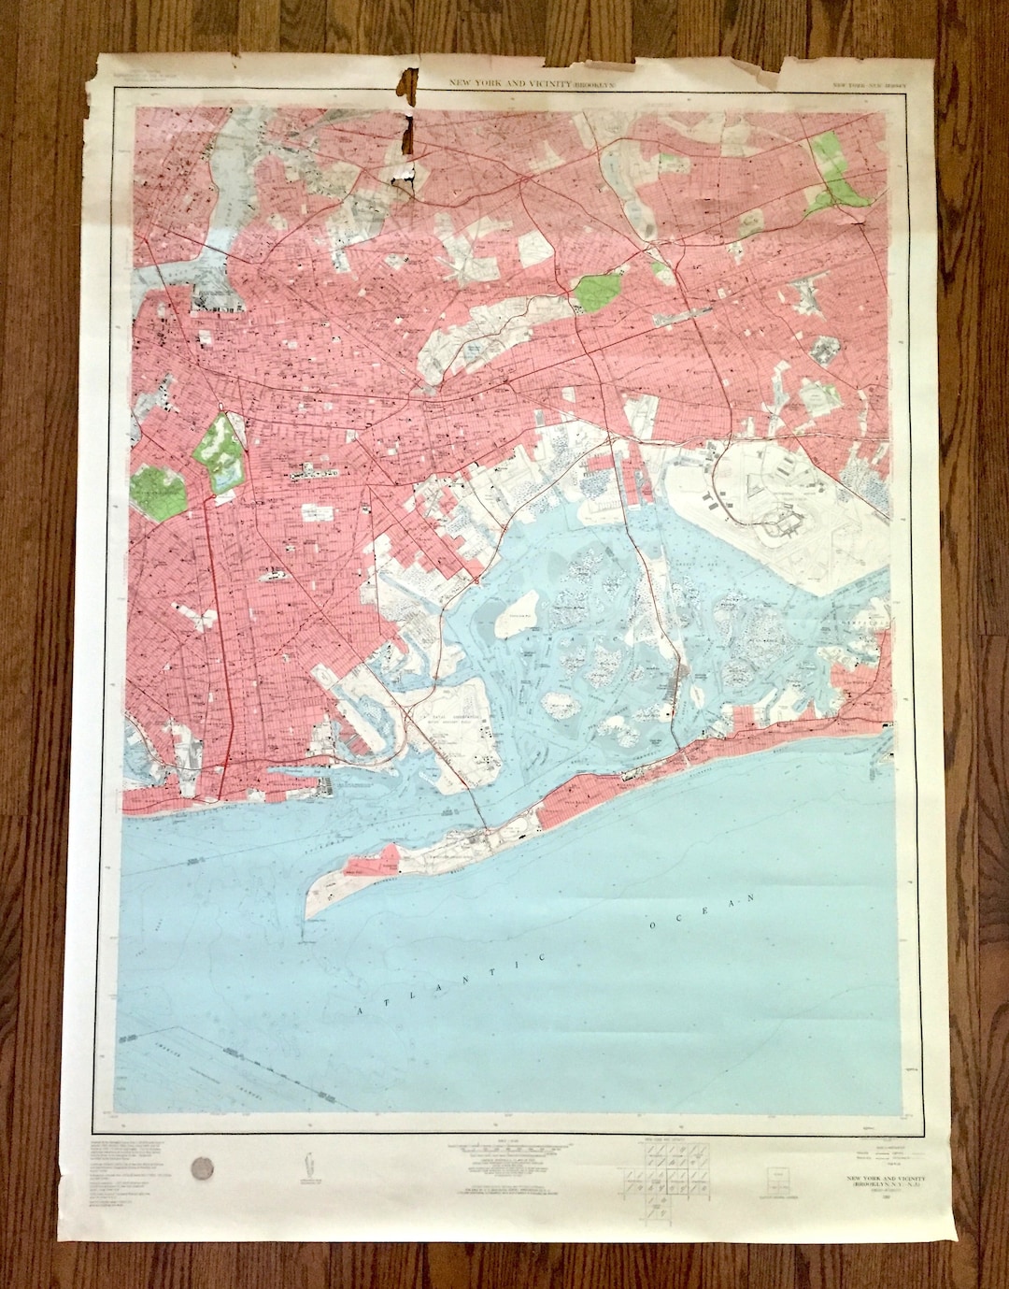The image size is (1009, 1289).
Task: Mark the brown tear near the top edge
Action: pos(405,112)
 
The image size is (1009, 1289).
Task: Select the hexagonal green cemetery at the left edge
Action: pos(157,490)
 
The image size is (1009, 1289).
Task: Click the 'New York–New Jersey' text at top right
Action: pos(867,87)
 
